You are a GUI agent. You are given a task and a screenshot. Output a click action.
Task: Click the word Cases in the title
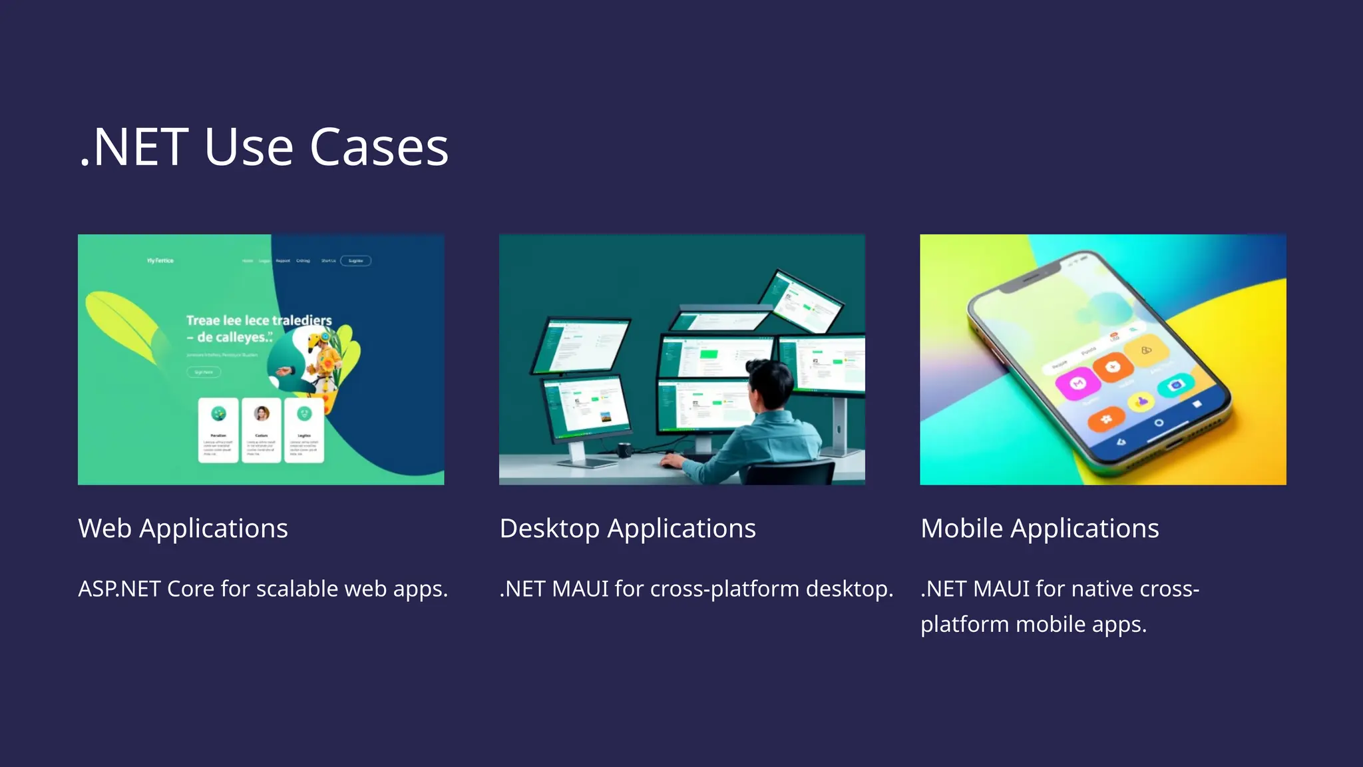coord(379,147)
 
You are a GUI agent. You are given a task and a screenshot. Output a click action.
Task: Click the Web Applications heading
coord(183,529)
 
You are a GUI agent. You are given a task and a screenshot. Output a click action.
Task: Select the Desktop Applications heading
coord(628,529)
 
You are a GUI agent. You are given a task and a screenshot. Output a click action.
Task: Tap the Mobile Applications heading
coord(1040,529)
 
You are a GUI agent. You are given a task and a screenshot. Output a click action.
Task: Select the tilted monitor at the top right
coord(801,301)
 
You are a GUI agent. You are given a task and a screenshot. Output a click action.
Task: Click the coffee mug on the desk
coord(624,450)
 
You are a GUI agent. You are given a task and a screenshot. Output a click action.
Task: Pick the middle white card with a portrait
coord(262,429)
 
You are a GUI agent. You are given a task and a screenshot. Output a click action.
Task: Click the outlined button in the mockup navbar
coord(356,261)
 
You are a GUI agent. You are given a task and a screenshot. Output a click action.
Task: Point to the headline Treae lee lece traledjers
coord(259,321)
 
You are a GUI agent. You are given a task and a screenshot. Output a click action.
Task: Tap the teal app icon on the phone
coord(1175,385)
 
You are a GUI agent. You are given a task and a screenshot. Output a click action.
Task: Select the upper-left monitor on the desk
coord(580,345)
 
